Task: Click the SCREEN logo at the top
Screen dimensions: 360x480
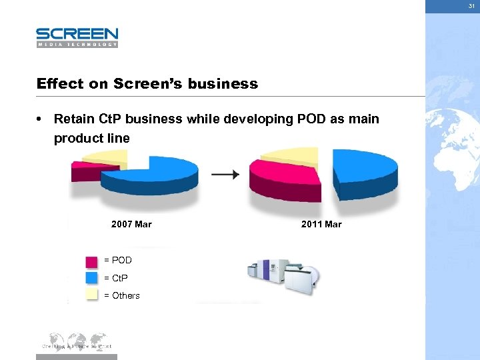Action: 77,36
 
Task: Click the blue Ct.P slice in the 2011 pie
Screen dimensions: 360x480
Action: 363,171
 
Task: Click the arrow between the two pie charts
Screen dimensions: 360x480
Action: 225,175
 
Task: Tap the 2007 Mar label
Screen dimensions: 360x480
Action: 131,225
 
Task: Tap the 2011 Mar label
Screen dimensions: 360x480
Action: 321,225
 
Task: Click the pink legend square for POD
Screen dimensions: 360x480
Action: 92,261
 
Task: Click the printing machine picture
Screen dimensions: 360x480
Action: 284,274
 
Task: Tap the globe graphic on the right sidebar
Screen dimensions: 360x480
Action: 453,153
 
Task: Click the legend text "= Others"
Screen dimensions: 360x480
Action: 122,295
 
